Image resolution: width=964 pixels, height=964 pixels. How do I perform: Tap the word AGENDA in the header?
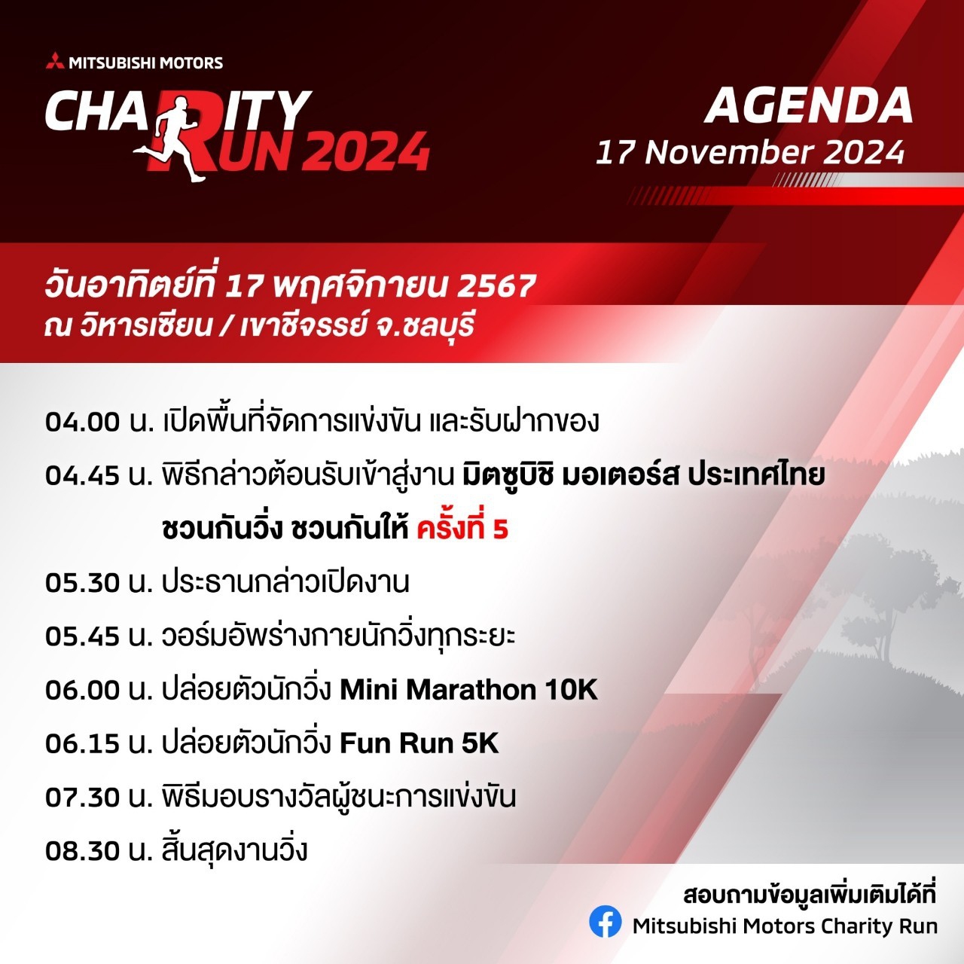click(x=808, y=106)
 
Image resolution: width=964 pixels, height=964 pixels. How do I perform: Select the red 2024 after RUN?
click(x=368, y=151)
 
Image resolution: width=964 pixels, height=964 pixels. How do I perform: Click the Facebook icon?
click(x=606, y=921)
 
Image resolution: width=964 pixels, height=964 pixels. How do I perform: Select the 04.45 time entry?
click(x=83, y=476)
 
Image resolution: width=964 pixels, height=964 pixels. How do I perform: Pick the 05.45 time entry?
click(x=83, y=637)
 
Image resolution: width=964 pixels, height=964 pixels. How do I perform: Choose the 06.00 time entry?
click(x=83, y=691)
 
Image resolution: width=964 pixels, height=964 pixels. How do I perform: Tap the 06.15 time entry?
click(x=83, y=744)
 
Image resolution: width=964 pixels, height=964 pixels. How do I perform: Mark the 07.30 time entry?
click(x=83, y=798)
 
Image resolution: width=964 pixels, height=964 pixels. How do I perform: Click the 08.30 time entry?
click(x=83, y=852)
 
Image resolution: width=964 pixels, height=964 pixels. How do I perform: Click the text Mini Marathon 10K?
click(x=468, y=691)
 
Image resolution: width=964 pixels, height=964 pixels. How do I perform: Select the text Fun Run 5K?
click(x=419, y=744)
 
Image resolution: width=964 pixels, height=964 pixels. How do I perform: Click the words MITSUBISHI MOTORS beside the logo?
click(x=146, y=63)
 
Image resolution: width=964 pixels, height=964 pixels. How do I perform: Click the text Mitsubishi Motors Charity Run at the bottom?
click(x=785, y=926)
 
